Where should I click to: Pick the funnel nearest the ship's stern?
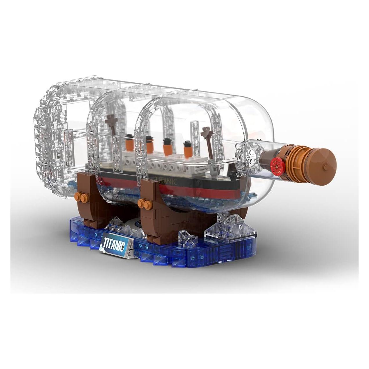click(130, 141)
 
